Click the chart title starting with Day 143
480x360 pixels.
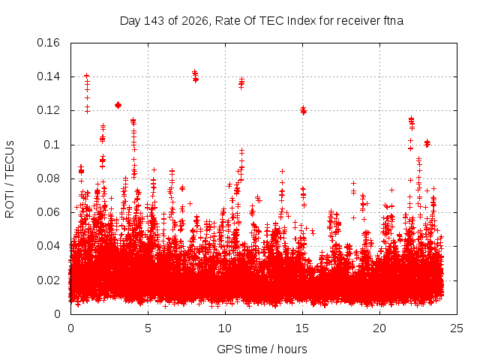click(x=262, y=21)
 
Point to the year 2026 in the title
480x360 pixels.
click(x=195, y=21)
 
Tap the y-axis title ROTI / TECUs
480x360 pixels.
click(x=10, y=179)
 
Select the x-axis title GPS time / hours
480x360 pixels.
click(x=262, y=349)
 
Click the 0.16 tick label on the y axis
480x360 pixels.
click(x=48, y=43)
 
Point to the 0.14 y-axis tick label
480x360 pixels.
click(x=48, y=76)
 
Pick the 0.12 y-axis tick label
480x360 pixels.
click(x=48, y=110)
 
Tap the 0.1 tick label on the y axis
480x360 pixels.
click(x=52, y=145)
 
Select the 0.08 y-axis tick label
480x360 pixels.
click(x=48, y=178)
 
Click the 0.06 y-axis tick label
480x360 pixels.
click(x=48, y=212)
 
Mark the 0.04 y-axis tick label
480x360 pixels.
click(x=48, y=246)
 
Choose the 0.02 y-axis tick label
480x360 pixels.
click(x=48, y=280)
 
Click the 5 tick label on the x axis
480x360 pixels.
click(x=148, y=328)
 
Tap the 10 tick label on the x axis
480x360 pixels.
click(x=225, y=328)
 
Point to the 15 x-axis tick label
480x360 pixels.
click(x=302, y=328)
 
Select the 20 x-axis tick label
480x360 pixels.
click(x=379, y=328)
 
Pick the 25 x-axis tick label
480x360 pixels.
click(x=457, y=328)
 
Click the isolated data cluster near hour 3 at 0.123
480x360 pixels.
click(x=118, y=105)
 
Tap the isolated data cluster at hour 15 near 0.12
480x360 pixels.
click(x=303, y=110)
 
